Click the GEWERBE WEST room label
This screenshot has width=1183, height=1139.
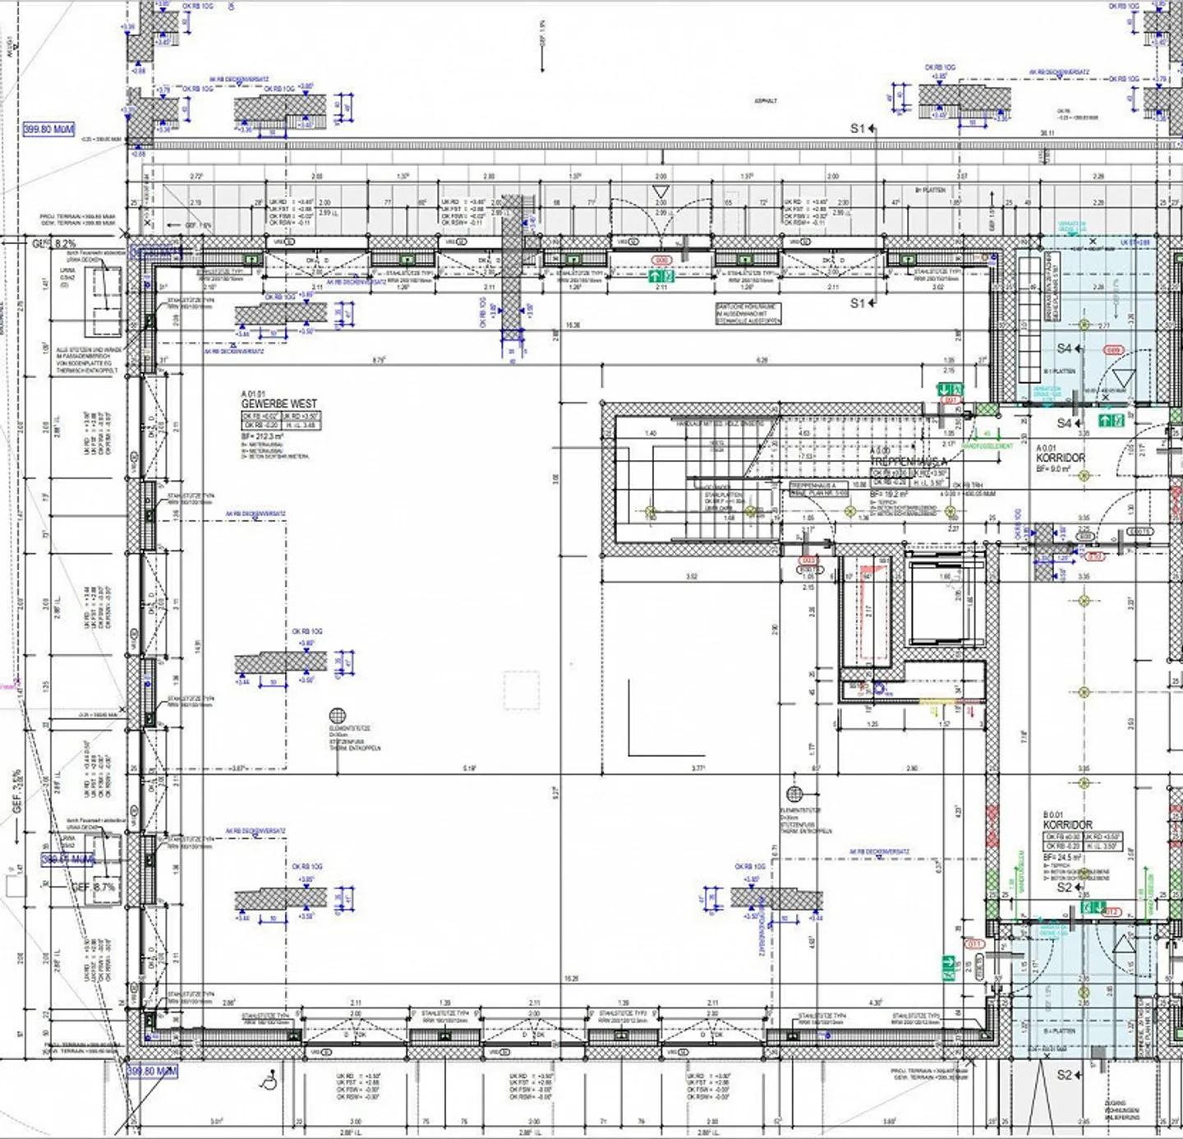(x=278, y=404)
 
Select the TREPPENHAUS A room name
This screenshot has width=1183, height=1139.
(x=909, y=462)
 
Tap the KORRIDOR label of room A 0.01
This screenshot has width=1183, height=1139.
(x=1060, y=458)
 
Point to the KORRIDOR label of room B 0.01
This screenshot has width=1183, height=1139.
(x=1067, y=824)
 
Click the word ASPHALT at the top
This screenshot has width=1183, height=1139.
(x=766, y=101)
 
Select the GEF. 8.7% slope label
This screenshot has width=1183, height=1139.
(x=94, y=888)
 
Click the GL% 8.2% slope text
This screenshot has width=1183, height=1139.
(x=55, y=244)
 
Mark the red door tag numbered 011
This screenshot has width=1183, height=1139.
(x=974, y=944)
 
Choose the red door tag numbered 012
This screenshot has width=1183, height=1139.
(x=1111, y=912)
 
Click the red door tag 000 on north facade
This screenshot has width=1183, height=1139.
(x=661, y=261)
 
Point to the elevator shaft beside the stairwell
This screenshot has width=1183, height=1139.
(x=944, y=605)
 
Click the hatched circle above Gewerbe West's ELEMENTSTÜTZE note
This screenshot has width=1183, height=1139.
(x=338, y=716)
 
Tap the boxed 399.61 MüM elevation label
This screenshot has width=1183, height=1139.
(x=68, y=860)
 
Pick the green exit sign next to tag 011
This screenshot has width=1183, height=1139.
(x=949, y=962)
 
